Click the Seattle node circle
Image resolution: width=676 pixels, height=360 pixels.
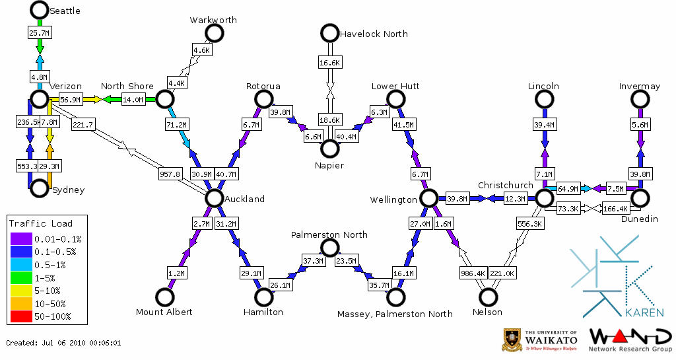tap(40, 10)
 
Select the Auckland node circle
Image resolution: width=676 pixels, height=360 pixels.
tap(214, 198)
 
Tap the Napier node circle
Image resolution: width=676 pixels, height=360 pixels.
tap(329, 149)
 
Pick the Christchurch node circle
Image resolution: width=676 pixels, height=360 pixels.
tap(544, 198)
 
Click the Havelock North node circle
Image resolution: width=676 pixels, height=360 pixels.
tap(329, 33)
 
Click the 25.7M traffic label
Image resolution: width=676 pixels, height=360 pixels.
tap(40, 32)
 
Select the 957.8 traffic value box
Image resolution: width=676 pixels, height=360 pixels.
tap(170, 174)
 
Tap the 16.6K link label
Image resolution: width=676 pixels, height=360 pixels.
tap(329, 63)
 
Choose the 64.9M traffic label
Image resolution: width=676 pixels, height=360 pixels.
tap(569, 189)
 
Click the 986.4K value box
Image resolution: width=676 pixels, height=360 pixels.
tap(473, 272)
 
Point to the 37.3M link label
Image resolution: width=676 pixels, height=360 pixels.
tap(314, 261)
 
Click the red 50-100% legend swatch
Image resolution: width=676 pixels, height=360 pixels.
tap(20, 316)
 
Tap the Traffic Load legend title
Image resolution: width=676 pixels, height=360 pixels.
tap(41, 223)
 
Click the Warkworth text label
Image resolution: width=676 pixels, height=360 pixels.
tap(213, 20)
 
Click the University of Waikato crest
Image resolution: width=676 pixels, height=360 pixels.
tap(512, 340)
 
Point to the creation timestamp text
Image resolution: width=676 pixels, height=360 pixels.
tap(63, 343)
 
